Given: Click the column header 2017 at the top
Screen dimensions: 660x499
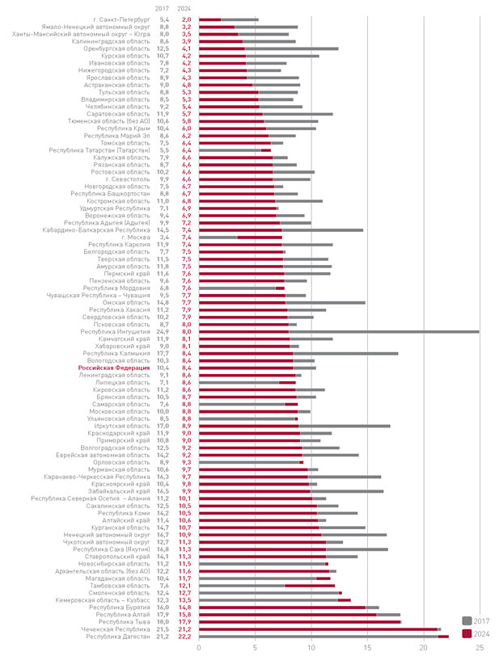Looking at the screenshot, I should pos(163,7).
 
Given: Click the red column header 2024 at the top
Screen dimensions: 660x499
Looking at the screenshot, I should pos(186,7).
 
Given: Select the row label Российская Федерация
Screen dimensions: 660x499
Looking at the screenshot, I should pos(119,368).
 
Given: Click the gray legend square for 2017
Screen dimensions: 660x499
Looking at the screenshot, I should pos(466,620).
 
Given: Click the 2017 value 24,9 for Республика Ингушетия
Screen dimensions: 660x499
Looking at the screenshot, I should pos(163,331).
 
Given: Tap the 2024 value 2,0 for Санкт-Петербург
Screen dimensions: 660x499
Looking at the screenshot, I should pos(186,19).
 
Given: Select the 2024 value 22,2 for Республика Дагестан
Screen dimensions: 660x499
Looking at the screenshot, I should pos(186,637).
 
